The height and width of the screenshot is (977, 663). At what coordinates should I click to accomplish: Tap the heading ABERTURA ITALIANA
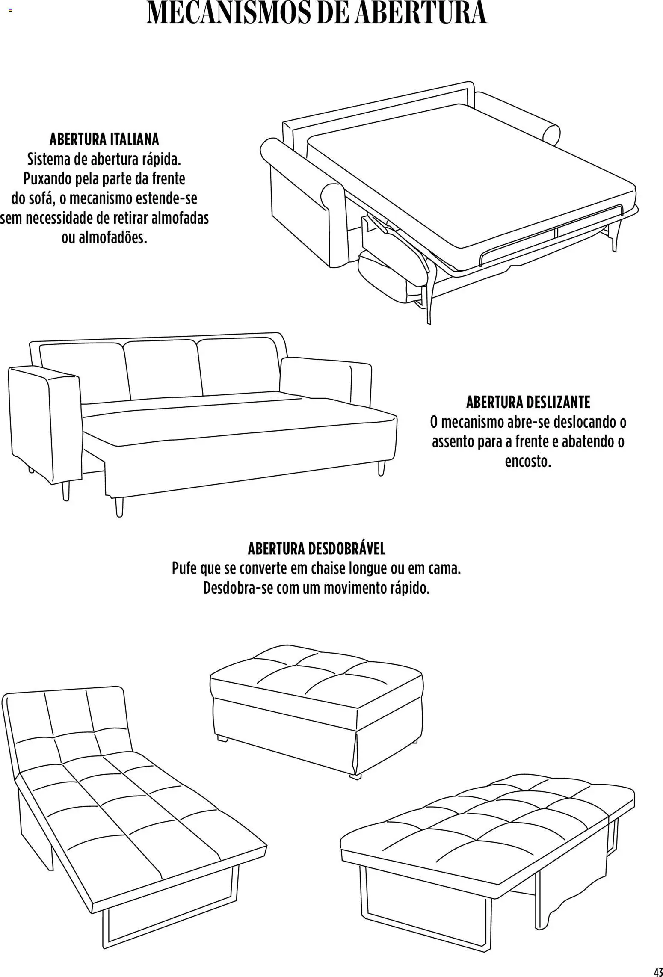(104, 139)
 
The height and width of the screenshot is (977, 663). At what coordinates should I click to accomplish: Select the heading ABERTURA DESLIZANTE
(528, 402)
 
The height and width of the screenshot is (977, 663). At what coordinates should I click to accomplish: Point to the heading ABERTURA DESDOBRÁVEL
(317, 548)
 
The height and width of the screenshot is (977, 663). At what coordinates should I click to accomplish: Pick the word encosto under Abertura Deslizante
(528, 462)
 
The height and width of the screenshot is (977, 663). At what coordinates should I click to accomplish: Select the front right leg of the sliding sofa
(381, 467)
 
